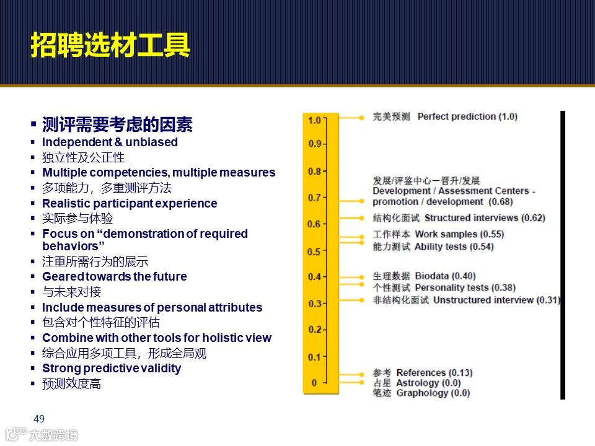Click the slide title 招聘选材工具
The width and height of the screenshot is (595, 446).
coord(110,45)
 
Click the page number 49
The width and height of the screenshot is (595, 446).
coord(38,419)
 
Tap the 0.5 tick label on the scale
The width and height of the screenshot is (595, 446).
coord(315,251)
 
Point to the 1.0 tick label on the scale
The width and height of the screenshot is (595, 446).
coord(315,120)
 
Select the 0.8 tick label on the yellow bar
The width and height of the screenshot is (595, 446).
coord(315,171)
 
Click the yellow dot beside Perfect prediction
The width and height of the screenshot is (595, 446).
coord(361,117)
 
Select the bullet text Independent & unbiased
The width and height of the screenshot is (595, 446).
coord(110,142)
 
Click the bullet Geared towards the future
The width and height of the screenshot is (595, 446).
coord(114,276)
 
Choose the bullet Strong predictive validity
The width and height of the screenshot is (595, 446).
coord(112,368)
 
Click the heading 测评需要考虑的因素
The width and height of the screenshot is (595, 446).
coord(117,125)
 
